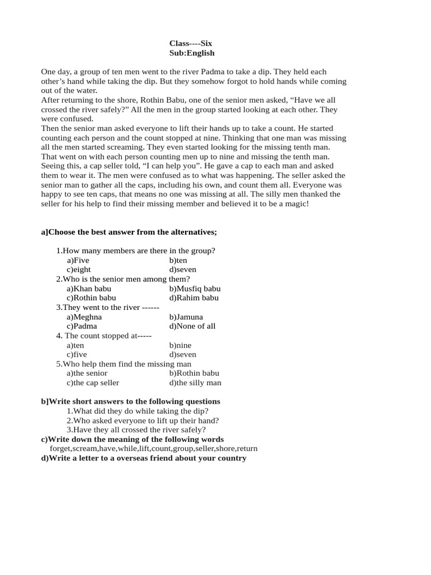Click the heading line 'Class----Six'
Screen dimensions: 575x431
[x=191, y=43]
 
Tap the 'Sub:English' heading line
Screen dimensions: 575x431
[x=192, y=53]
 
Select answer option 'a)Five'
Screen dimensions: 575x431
[x=78, y=260]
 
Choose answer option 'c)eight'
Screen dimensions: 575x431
[x=79, y=270]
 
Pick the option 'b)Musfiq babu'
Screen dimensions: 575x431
[x=195, y=289]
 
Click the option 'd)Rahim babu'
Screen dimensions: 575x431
[x=194, y=298]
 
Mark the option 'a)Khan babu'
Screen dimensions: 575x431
[x=89, y=289]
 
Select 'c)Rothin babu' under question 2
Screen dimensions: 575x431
[x=91, y=298]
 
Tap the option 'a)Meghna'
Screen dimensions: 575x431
[x=84, y=317]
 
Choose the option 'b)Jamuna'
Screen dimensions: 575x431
[x=186, y=317]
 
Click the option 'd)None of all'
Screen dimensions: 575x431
[x=192, y=326]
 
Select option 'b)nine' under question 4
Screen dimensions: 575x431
[x=180, y=345]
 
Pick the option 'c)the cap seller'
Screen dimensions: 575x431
[x=93, y=382]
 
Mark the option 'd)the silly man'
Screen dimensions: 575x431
[x=195, y=382]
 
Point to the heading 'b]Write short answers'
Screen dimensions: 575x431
[x=131, y=401]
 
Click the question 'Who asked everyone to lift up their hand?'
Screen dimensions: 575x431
[x=143, y=420]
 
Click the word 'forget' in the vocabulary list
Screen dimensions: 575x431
[x=61, y=449]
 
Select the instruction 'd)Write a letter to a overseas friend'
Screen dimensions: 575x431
[x=144, y=458]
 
